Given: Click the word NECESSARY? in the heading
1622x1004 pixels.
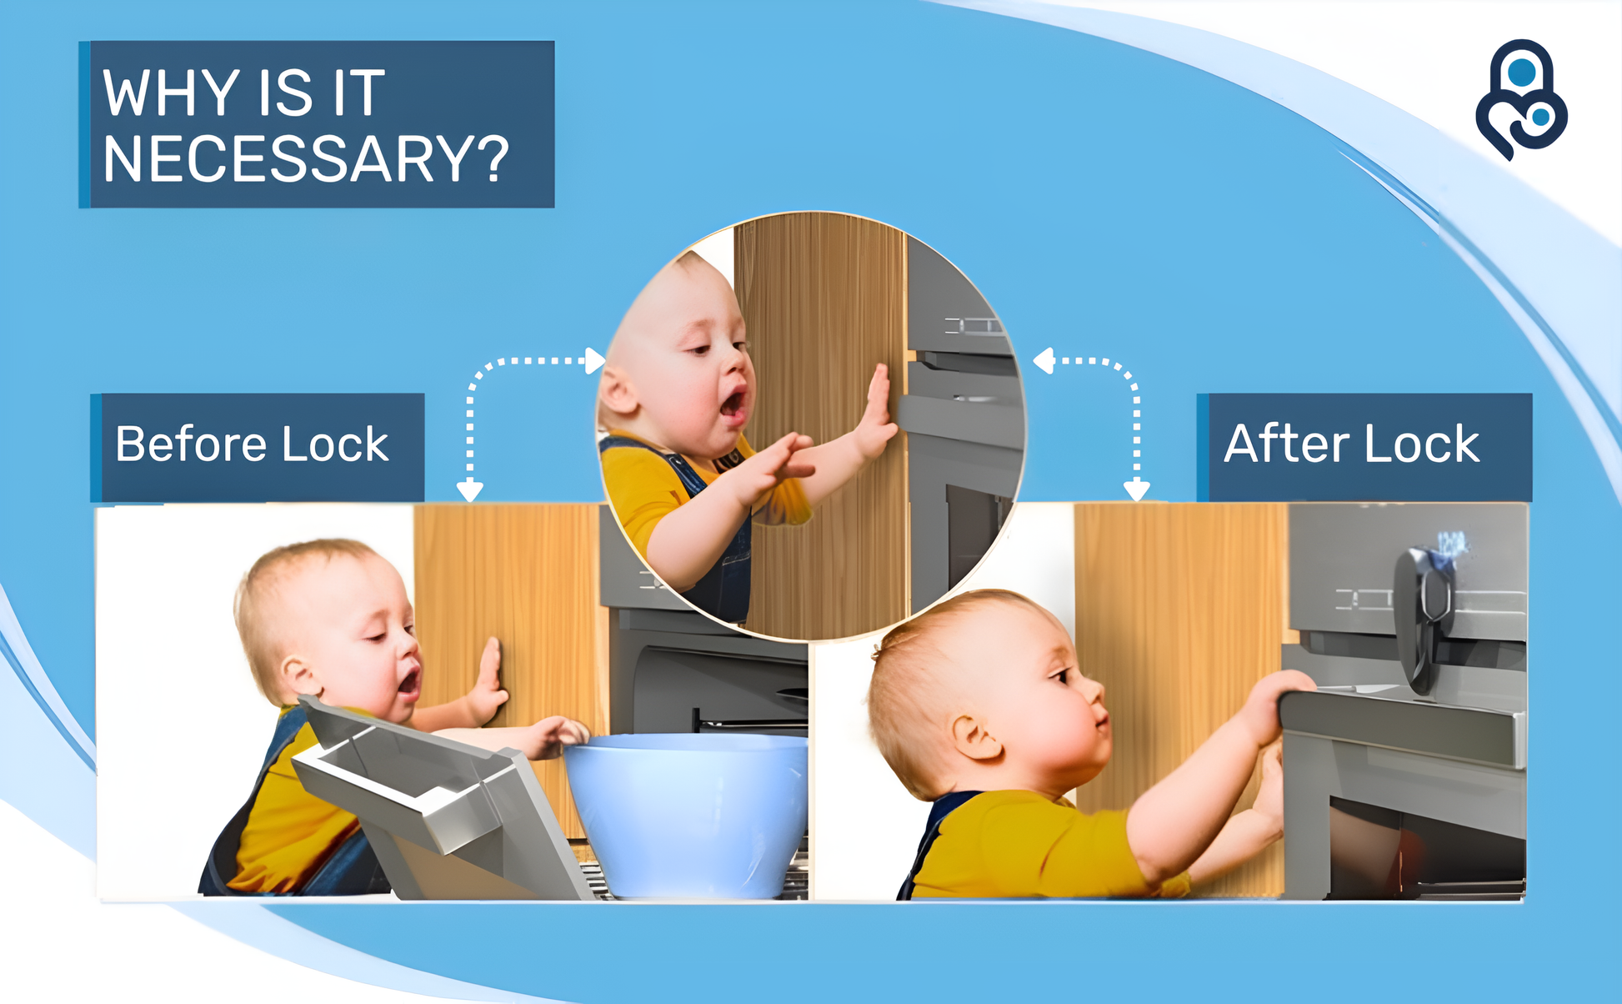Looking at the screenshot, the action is click(305, 158).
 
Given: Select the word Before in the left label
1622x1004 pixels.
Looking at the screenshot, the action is click(193, 443).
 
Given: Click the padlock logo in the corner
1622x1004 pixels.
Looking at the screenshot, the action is click(1521, 99).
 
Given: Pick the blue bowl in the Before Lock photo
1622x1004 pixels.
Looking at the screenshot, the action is click(686, 812).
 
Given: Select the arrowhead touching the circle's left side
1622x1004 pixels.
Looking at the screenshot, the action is click(595, 360).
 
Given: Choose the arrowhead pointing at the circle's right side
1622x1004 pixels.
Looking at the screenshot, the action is click(1044, 361).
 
